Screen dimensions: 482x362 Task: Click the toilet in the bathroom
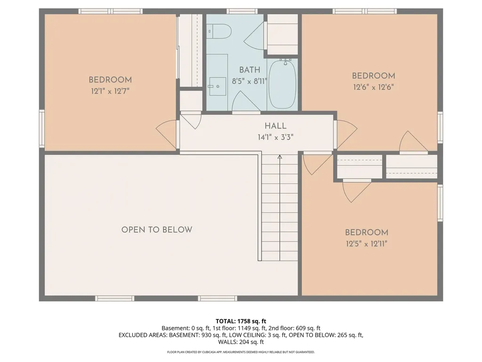[x=218, y=32]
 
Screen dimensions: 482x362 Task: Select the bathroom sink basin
[x=217, y=87]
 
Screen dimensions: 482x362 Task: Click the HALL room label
[x=275, y=125]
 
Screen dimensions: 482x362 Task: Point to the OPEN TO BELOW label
[x=157, y=230]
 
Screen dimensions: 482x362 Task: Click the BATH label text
[x=249, y=70]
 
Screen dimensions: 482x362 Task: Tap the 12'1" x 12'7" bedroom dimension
[x=110, y=91]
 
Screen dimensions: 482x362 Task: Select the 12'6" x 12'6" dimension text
[x=373, y=87]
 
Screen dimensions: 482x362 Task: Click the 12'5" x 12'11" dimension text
[x=366, y=244]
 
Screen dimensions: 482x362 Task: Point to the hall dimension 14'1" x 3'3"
[x=275, y=137]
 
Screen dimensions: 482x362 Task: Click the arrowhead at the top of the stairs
[x=280, y=157]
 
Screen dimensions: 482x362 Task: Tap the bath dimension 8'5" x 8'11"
[x=249, y=82]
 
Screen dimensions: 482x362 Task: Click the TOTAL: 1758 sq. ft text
[x=241, y=321]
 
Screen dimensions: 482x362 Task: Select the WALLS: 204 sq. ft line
[x=241, y=342]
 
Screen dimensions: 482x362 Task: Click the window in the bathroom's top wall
[x=242, y=11]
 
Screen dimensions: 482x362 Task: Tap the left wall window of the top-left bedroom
[x=42, y=129]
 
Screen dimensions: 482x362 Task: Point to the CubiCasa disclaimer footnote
[x=241, y=352]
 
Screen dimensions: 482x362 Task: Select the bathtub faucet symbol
[x=285, y=61]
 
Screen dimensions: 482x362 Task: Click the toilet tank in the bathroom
[x=209, y=32]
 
